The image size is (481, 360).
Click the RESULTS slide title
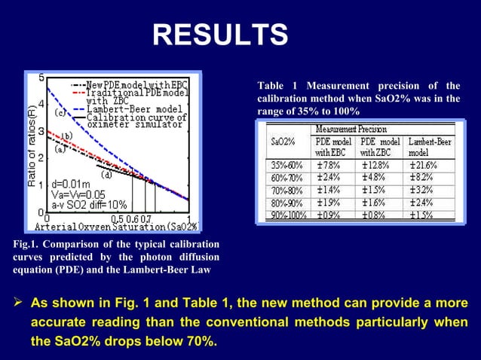[220, 35]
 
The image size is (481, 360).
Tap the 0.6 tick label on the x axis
[133, 218]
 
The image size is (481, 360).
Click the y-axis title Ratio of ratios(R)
[32, 148]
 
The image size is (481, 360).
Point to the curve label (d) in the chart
[107, 175]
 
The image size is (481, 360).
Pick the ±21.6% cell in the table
[426, 164]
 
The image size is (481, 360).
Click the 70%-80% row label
[286, 189]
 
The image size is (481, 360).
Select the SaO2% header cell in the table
[283, 142]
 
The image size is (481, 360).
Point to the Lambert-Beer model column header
[427, 146]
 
